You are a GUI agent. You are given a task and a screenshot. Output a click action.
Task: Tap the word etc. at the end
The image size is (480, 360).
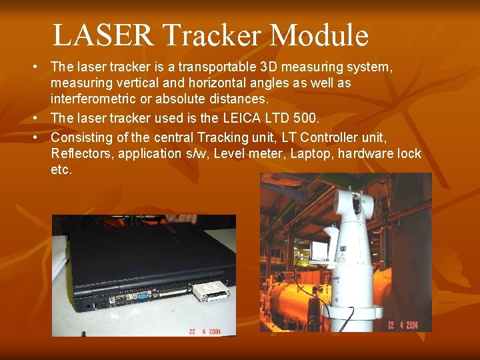click(x=61, y=170)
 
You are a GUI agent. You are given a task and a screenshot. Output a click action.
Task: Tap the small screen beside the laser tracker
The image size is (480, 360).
click(x=320, y=250)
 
